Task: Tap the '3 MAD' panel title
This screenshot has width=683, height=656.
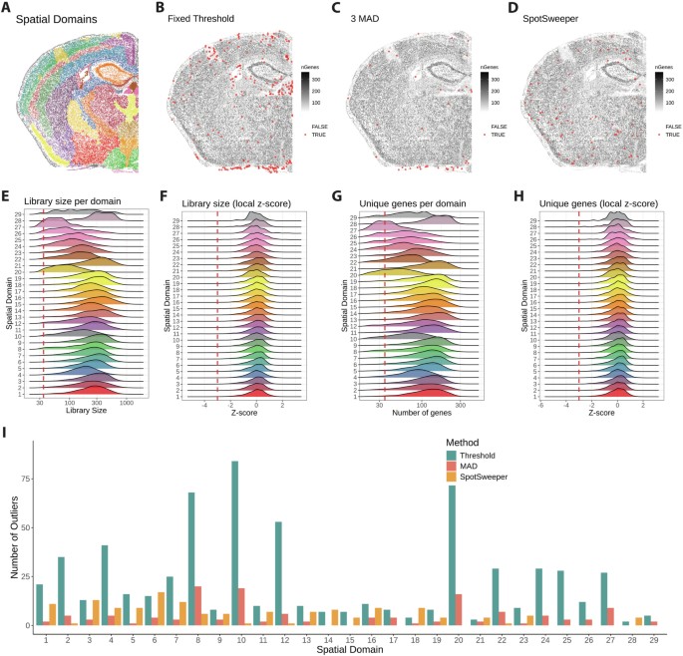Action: tap(374, 18)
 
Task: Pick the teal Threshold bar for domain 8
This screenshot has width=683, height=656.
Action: tap(190, 559)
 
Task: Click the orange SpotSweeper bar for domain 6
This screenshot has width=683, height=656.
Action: tap(162, 608)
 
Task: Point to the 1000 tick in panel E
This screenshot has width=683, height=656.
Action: tap(129, 403)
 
